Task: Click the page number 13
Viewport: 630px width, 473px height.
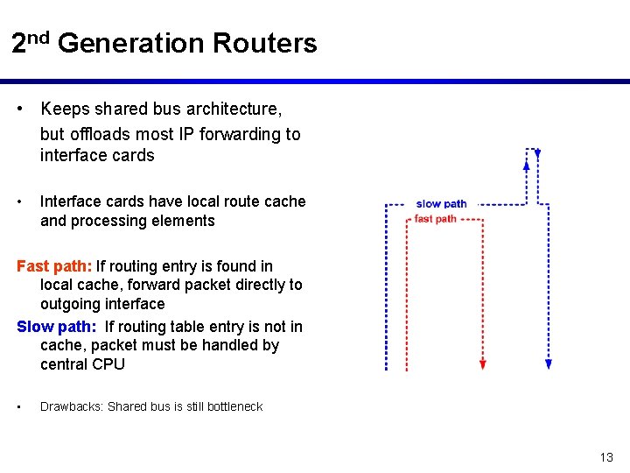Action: point(606,457)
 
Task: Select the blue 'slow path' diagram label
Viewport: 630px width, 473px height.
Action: point(441,204)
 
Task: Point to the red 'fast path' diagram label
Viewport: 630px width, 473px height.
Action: point(435,219)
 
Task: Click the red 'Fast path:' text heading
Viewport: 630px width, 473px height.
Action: point(54,266)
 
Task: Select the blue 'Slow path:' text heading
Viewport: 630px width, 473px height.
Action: point(57,327)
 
